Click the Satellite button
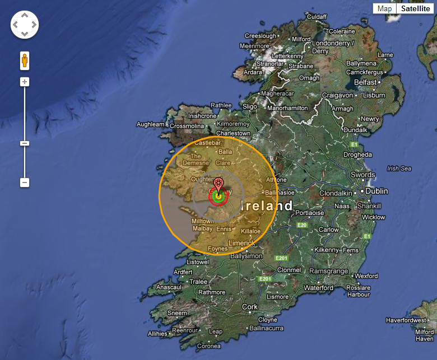point(415,8)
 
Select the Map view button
point(384,8)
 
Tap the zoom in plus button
point(25,82)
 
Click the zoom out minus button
point(25,183)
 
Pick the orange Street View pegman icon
point(25,60)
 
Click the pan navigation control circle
point(25,25)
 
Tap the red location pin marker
point(219,185)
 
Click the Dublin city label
point(376,191)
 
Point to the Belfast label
point(365,82)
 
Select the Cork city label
point(250,307)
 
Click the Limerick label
point(242,242)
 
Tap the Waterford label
point(318,288)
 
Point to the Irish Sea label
point(399,169)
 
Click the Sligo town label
point(250,106)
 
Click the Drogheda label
point(357,155)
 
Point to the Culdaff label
point(317,17)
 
